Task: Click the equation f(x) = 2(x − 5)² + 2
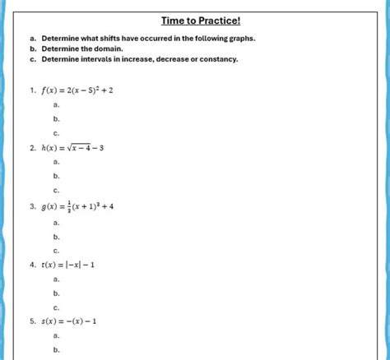coord(77,90)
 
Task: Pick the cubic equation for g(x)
coord(77,206)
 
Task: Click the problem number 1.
coord(31,90)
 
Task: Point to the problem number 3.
coord(31,206)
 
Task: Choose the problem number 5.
coord(31,321)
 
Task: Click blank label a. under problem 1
coord(56,104)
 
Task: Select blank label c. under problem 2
coord(56,191)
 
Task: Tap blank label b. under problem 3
coord(56,236)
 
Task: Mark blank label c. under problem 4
coord(56,307)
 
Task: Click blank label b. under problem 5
coord(56,350)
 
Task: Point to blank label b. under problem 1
coord(56,118)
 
